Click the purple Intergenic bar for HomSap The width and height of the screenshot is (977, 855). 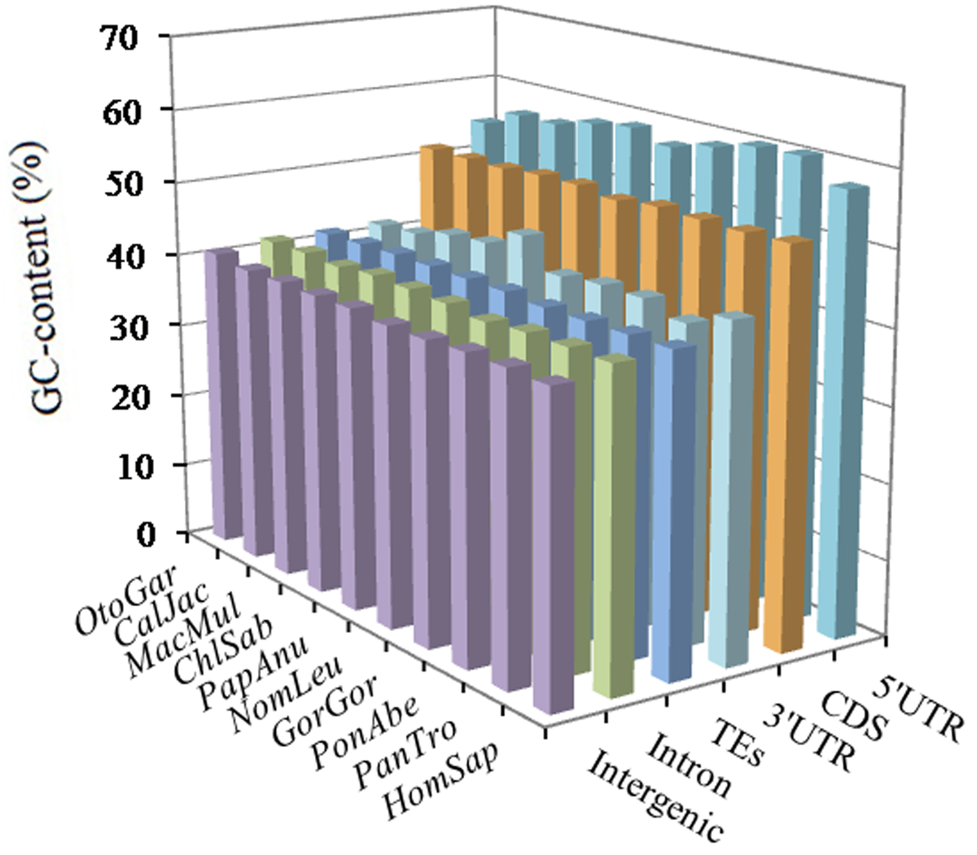(x=553, y=545)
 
